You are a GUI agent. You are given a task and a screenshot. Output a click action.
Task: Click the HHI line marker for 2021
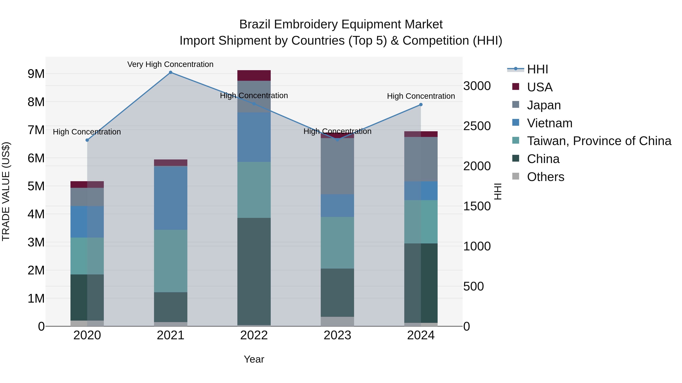coord(170,72)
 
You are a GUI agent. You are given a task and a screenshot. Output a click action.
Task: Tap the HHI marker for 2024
coord(421,105)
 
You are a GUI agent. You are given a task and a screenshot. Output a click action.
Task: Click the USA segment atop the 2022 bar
coord(254,75)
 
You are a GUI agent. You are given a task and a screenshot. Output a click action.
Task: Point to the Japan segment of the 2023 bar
coord(337,166)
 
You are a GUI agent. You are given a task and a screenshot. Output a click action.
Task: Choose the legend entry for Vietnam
coord(549,123)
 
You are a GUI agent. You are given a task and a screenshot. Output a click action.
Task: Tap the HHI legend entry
coord(537,69)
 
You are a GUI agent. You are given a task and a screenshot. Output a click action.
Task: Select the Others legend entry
coord(545,177)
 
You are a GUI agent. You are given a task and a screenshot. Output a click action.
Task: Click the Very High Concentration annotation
coord(170,64)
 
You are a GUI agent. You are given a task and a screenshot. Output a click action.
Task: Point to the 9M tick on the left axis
coord(36,74)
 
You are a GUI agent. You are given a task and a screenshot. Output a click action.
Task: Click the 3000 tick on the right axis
coord(477,86)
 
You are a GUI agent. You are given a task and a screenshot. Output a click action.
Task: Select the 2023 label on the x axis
coord(337,335)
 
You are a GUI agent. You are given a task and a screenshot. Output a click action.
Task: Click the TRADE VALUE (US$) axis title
coord(6,191)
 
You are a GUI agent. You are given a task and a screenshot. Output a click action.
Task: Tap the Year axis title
coord(254,359)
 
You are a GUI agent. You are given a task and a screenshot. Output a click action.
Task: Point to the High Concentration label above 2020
coord(87,132)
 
